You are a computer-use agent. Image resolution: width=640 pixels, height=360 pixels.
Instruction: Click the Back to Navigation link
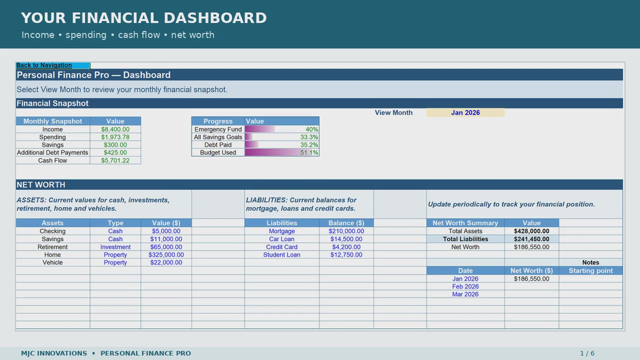tap(44, 65)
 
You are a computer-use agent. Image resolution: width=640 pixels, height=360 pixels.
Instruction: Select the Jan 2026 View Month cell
tap(466, 113)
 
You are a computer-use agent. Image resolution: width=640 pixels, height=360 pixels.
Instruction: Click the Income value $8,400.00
tap(115, 129)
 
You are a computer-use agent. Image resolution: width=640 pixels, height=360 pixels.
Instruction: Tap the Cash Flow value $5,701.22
tap(115, 161)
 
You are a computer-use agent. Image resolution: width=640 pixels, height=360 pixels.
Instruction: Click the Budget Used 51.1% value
tap(309, 153)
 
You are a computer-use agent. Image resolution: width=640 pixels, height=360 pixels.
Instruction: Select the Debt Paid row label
tap(218, 145)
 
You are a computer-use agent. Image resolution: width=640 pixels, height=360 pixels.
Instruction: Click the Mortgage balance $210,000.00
tap(346, 231)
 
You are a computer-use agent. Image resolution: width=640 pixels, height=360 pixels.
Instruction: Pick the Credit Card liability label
tap(282, 247)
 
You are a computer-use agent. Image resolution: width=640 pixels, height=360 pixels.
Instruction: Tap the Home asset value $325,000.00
tap(166, 254)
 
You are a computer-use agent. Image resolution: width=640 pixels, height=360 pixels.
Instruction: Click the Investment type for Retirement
tap(115, 247)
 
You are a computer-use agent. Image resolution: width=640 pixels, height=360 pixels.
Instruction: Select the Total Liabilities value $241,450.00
tap(531, 239)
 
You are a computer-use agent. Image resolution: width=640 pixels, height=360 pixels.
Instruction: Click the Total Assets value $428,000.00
tap(531, 231)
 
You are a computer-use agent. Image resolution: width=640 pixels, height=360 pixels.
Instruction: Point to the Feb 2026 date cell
tap(465, 286)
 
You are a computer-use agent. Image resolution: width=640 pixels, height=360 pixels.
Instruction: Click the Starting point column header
tap(590, 270)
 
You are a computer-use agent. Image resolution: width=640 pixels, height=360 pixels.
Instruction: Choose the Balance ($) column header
tap(346, 223)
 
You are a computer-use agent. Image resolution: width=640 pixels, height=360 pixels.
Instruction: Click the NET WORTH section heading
tap(41, 185)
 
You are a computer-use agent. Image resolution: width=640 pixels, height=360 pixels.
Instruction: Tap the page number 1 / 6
tap(587, 354)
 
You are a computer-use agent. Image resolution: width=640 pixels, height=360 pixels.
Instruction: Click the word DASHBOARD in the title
tap(215, 18)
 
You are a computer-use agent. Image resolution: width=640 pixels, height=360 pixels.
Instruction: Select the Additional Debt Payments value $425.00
tap(115, 153)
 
